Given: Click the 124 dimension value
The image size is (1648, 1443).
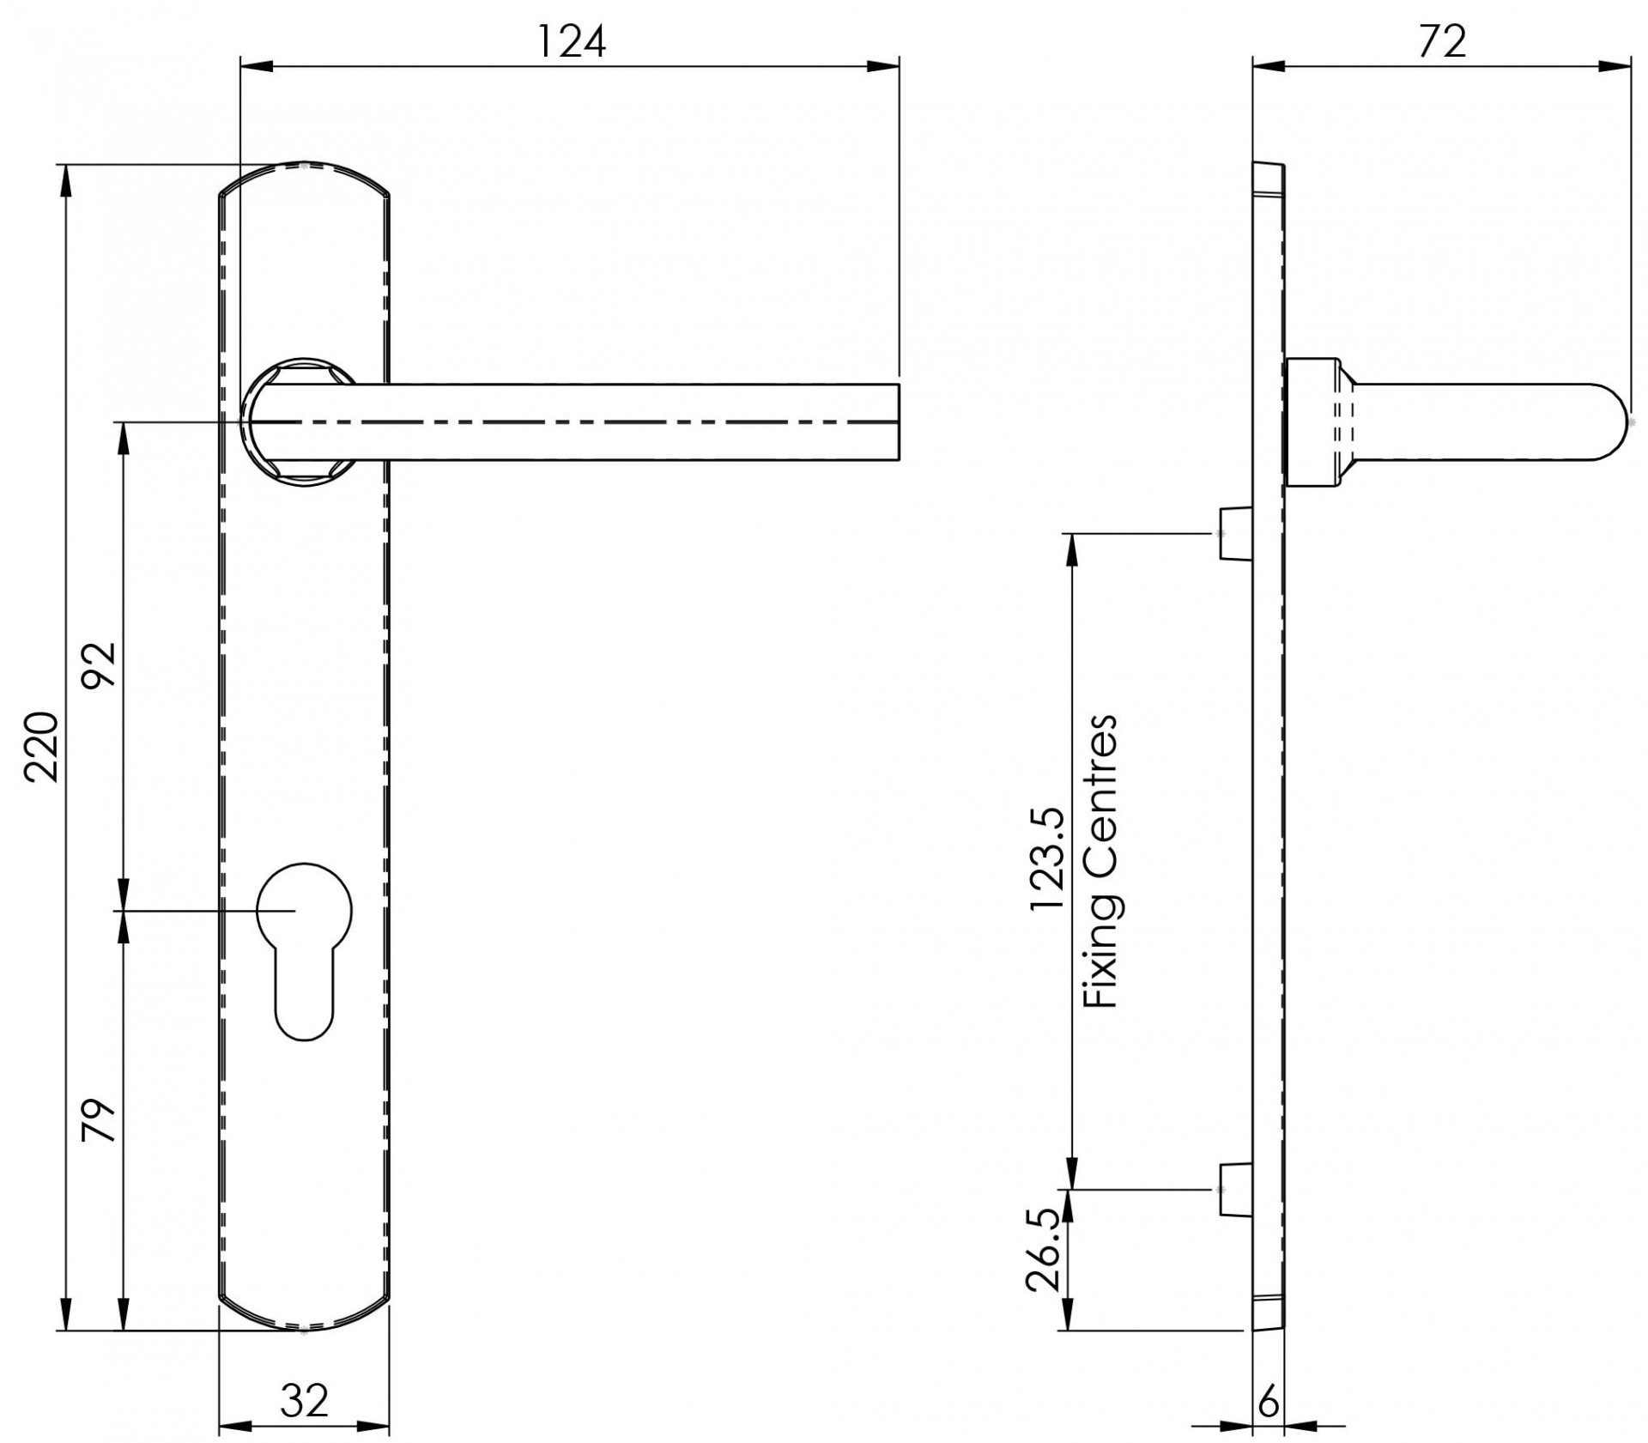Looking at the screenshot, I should click(x=571, y=40).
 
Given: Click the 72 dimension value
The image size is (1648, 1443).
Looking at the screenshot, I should click(x=1442, y=40).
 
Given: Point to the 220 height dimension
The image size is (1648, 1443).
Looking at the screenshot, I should click(x=41, y=746).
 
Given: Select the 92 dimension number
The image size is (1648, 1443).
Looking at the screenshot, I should click(x=99, y=665).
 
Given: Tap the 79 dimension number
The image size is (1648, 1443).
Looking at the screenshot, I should click(x=99, y=1119).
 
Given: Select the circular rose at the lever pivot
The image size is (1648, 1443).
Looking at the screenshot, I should click(x=299, y=421).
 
